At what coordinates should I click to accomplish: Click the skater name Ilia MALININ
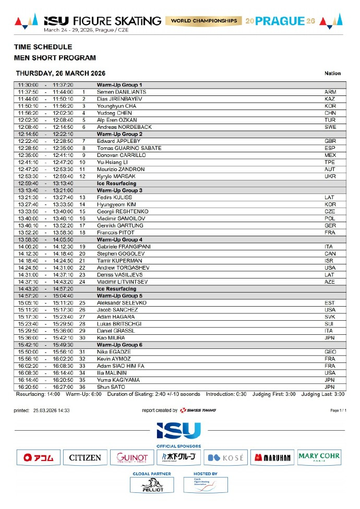[x=113, y=373]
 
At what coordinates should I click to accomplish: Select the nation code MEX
[x=330, y=155]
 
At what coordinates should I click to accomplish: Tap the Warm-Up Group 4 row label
[x=119, y=239]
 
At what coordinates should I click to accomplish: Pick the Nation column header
[x=332, y=74]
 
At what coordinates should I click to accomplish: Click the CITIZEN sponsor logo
[x=85, y=458]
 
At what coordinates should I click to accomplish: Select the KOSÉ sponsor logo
[x=225, y=458]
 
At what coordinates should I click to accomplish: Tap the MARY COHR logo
[x=319, y=458]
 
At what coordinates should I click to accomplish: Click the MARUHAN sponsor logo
[x=272, y=458]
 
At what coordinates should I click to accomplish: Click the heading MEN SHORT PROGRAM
[x=55, y=58]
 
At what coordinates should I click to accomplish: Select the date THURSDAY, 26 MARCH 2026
[x=61, y=74]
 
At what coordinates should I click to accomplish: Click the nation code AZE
[x=330, y=282]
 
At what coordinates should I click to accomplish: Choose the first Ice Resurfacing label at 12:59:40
[x=116, y=183]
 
